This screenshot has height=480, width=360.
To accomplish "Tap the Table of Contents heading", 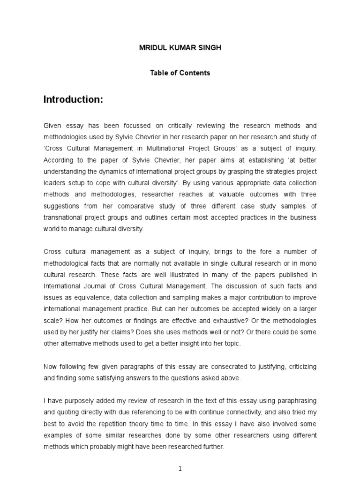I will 180,73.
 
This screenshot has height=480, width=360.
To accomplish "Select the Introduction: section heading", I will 73,99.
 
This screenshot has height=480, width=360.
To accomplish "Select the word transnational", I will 63,217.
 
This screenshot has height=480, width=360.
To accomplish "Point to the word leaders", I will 54,183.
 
